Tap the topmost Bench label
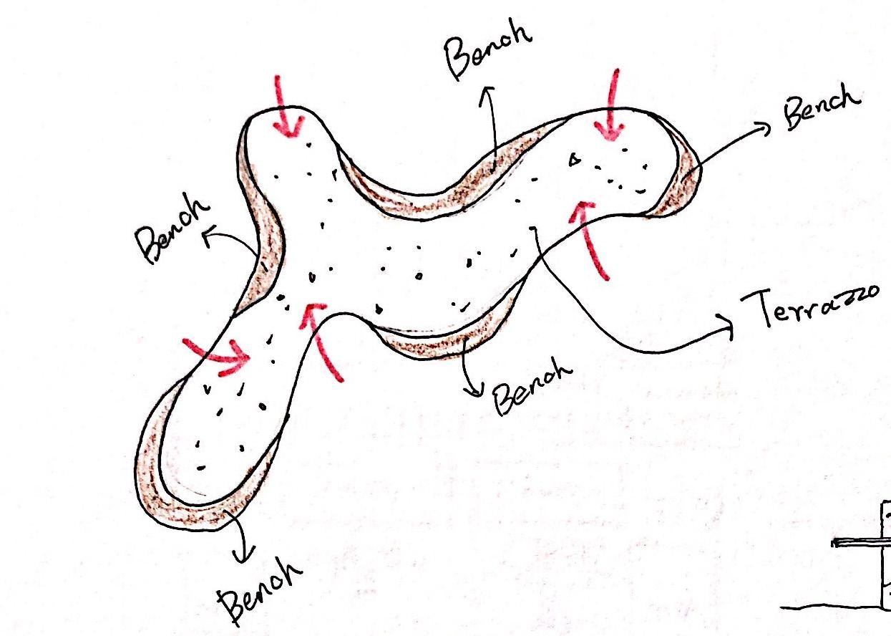(487, 54)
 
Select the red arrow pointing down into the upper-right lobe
(610, 110)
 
